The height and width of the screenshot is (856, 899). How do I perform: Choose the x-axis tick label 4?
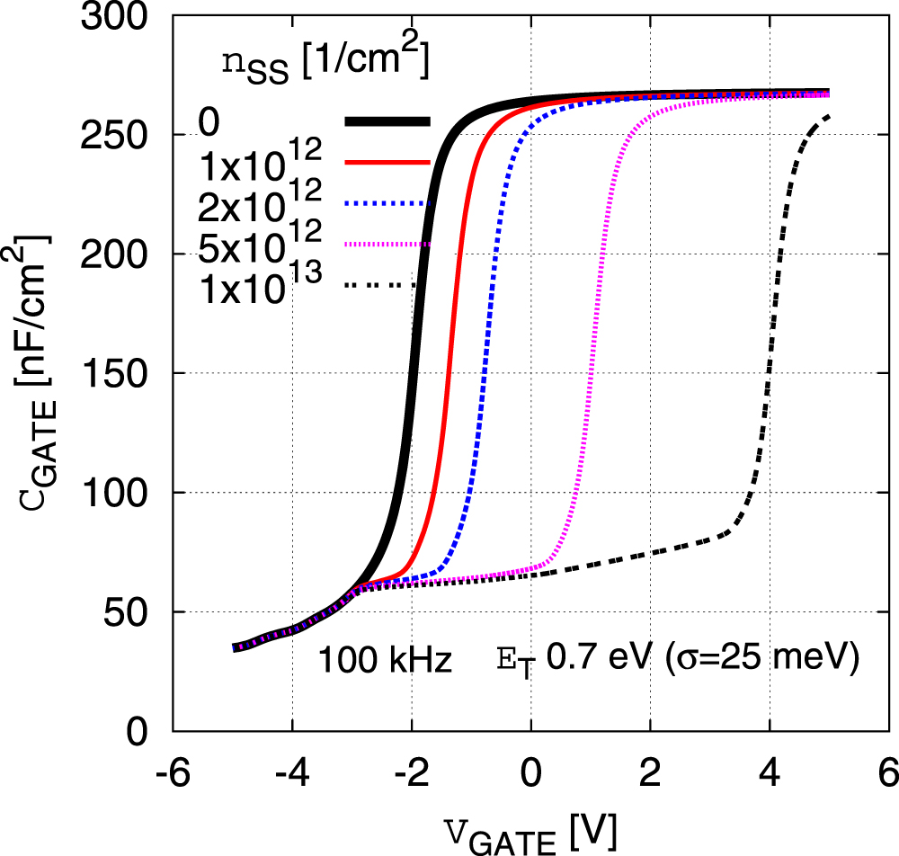click(770, 773)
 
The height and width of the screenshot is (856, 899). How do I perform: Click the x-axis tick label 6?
click(889, 773)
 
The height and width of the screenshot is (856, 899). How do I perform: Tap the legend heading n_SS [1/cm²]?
click(325, 63)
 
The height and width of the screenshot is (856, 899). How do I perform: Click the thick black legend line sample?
click(387, 121)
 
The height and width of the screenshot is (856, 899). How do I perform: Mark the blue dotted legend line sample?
click(387, 204)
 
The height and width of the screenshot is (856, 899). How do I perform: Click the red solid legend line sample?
click(387, 163)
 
